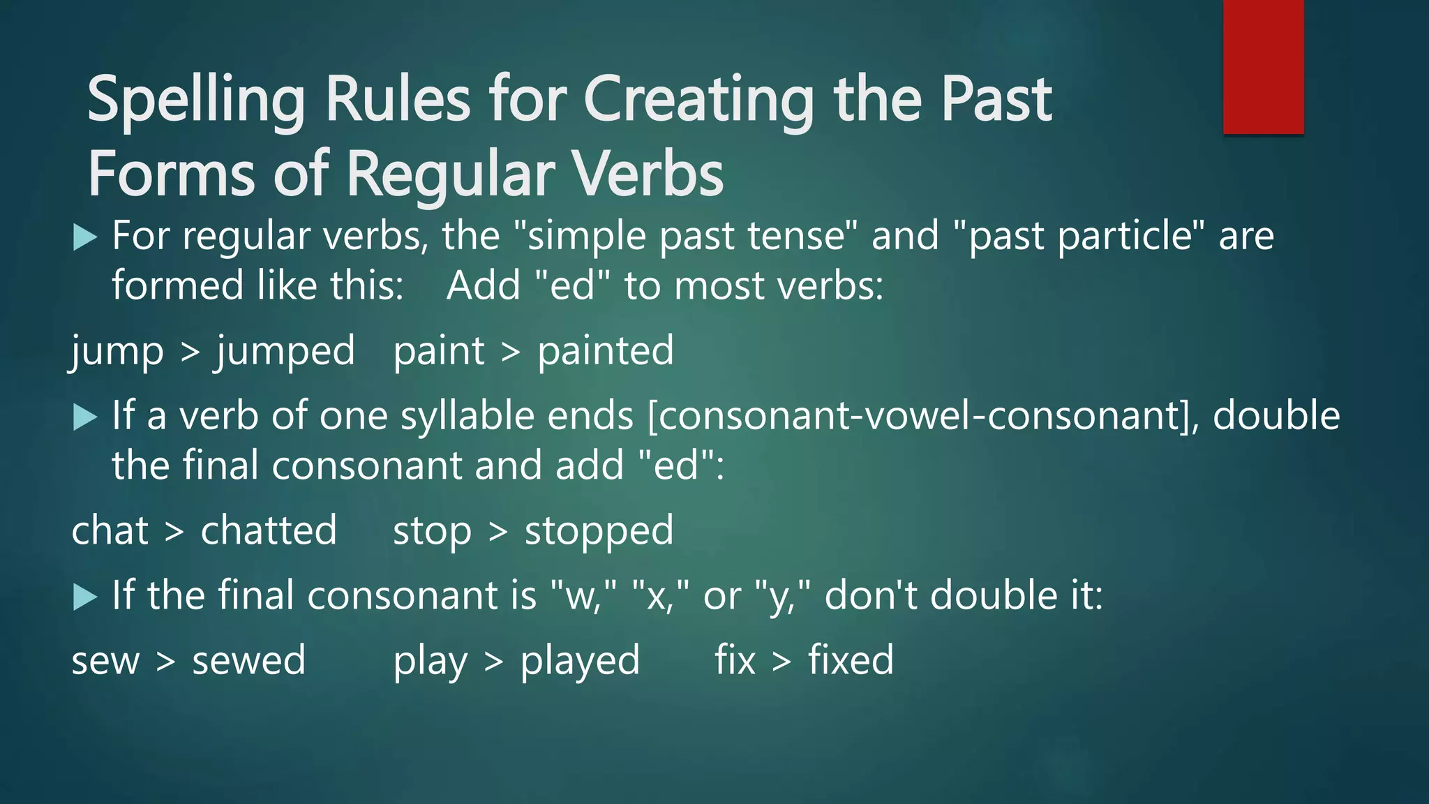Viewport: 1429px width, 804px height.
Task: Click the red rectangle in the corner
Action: tap(1263, 66)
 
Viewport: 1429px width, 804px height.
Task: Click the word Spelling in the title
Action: tap(196, 101)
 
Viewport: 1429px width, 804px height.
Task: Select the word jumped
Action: tap(285, 351)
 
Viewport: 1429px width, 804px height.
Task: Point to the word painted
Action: tap(606, 351)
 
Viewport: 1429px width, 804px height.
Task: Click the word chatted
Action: tap(269, 530)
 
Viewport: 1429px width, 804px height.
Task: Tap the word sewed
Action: tap(248, 660)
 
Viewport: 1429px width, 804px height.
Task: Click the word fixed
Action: tap(851, 660)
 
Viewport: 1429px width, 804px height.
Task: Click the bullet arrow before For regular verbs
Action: tap(84, 237)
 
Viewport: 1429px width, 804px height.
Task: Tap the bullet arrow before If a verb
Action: tap(84, 417)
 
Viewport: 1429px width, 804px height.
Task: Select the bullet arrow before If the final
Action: tap(84, 597)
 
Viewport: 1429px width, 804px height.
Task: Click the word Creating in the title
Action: tap(698, 101)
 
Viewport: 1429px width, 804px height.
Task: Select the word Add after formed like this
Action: tap(484, 286)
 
